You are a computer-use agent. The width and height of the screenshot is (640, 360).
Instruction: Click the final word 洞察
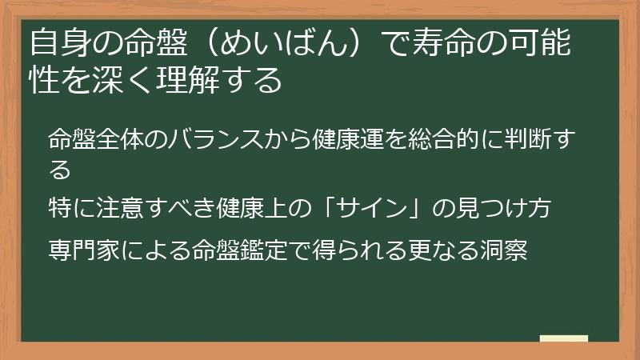coord(506,250)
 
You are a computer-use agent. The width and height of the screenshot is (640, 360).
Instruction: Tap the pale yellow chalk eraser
coord(563,338)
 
